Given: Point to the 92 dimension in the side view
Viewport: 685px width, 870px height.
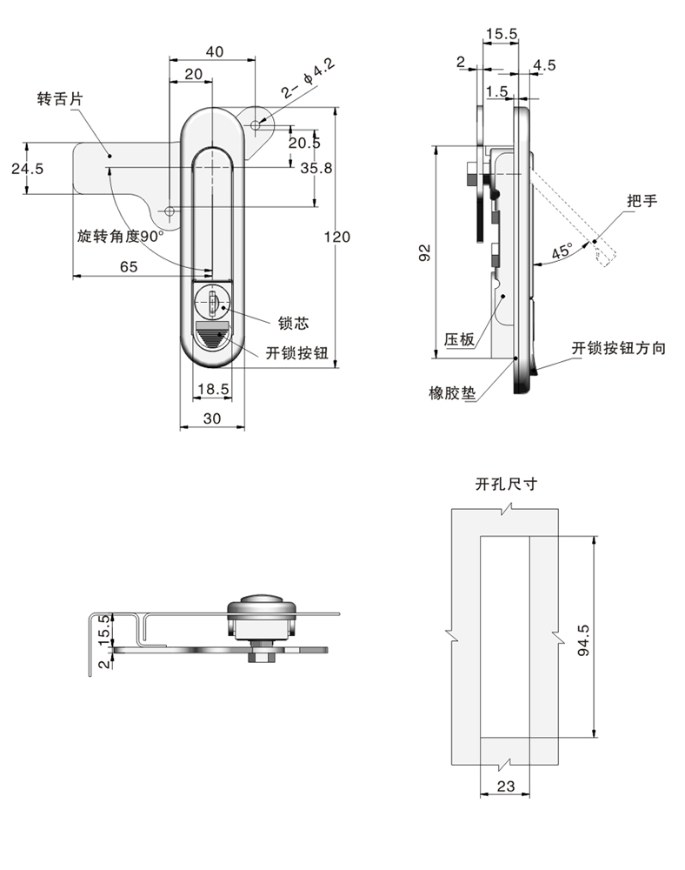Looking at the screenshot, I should click(424, 252).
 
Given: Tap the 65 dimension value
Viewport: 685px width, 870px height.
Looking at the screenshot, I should click(129, 267).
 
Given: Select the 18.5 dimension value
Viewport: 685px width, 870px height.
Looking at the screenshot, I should click(212, 390).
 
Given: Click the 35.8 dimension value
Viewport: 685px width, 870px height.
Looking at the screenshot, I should click(316, 169).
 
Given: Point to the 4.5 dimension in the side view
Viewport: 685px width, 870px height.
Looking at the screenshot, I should click(545, 65).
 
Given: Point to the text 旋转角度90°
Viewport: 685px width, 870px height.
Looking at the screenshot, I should click(120, 236).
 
